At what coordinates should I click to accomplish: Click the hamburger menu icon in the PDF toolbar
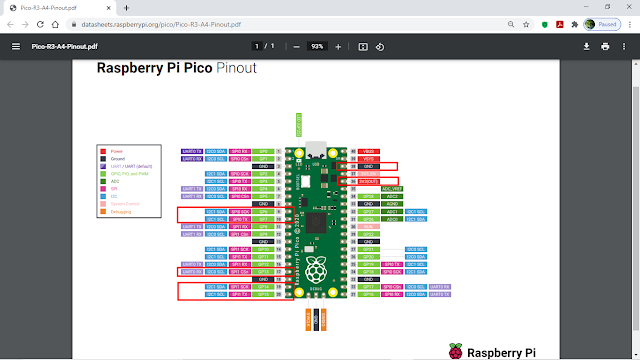(x=15, y=46)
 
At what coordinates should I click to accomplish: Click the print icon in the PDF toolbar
(x=605, y=46)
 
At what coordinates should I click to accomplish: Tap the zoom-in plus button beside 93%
(x=338, y=46)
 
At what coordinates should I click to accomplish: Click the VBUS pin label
(x=367, y=150)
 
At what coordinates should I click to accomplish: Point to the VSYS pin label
(x=367, y=158)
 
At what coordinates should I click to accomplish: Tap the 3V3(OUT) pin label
(x=369, y=181)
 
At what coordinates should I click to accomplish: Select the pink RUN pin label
(x=367, y=227)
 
